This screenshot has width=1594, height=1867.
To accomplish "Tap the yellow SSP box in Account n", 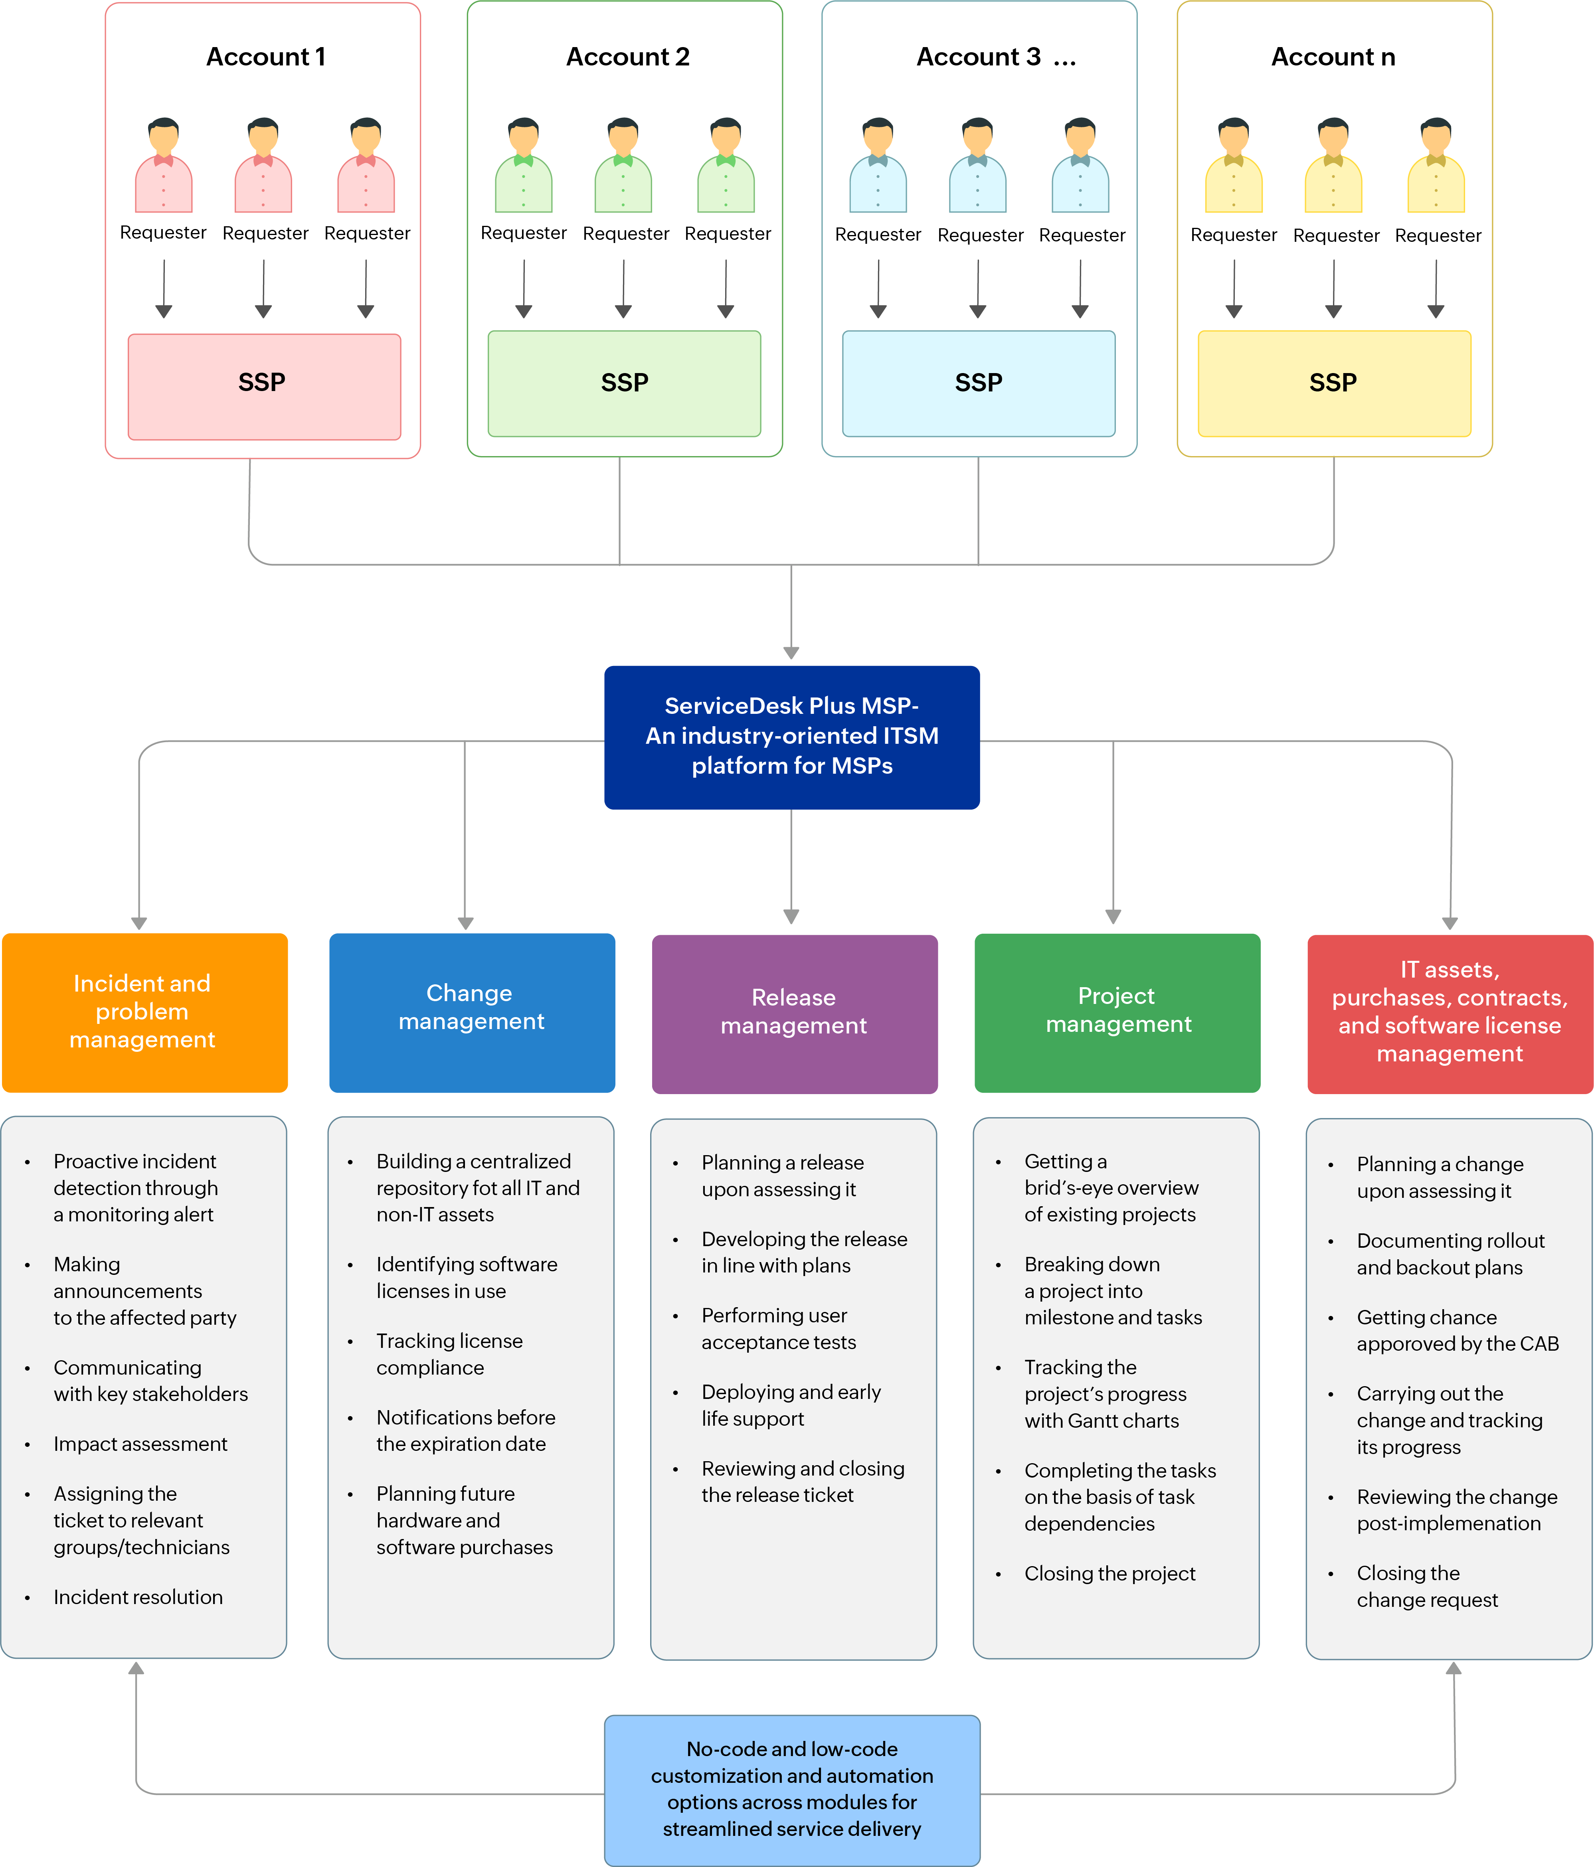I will click(x=1334, y=383).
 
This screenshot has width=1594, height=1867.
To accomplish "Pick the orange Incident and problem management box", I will click(x=144, y=1012).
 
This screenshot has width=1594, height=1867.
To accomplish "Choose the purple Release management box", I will click(x=794, y=1013).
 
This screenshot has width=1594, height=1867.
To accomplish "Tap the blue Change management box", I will click(x=471, y=1012).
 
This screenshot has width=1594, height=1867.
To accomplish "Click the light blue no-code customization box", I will click(x=791, y=1789).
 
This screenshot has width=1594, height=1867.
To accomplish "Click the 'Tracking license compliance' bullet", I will click(x=449, y=1354).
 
